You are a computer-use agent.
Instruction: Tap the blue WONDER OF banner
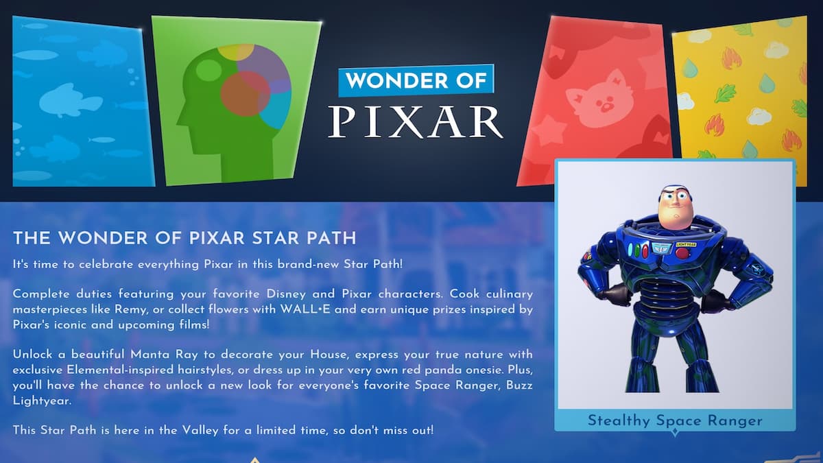point(416,81)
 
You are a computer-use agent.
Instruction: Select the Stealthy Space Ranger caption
point(675,420)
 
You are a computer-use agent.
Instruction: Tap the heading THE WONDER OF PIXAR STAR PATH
point(184,239)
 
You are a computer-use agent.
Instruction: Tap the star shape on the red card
point(549,131)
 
